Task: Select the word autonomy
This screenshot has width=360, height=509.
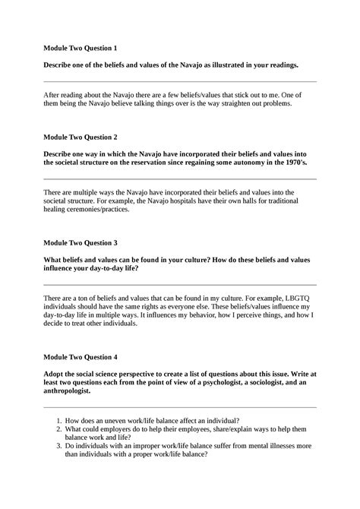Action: (231, 162)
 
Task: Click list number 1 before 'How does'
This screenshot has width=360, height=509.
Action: (59, 420)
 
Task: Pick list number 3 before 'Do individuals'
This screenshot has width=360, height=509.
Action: (59, 447)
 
